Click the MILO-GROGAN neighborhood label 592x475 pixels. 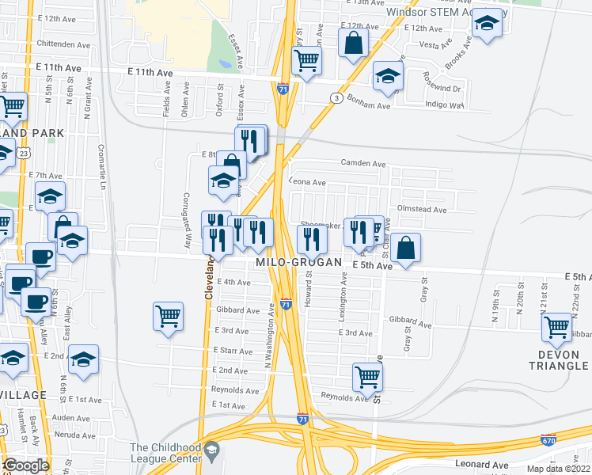pos(298,262)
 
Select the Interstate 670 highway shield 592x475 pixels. pos(548,439)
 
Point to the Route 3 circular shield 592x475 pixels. pos(337,98)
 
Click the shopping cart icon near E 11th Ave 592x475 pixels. pos(305,59)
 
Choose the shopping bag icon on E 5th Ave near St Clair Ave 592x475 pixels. pos(405,247)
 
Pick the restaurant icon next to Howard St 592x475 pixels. pos(312,237)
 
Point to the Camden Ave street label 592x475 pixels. pos(362,164)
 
